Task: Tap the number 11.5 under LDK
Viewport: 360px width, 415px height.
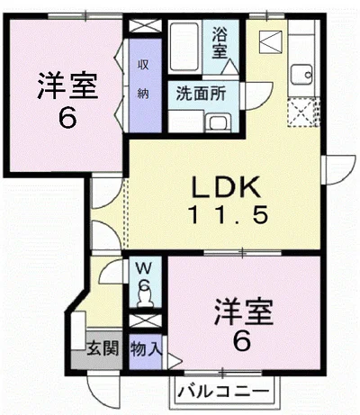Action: click(228, 214)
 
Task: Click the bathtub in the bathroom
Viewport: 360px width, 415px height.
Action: click(184, 47)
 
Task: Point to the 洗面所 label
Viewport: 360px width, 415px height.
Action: click(201, 94)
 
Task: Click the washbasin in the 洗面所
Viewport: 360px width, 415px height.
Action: click(218, 122)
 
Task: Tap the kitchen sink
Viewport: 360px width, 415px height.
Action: click(301, 75)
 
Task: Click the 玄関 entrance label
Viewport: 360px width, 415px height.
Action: click(103, 348)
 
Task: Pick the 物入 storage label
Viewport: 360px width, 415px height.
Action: click(147, 348)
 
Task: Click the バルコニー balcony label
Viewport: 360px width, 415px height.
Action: click(223, 392)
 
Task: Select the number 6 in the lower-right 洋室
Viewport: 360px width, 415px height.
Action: click(242, 341)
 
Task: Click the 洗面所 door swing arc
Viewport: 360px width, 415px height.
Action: click(259, 96)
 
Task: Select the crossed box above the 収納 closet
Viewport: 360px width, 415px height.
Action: click(145, 26)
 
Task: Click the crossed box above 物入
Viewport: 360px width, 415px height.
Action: click(145, 321)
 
